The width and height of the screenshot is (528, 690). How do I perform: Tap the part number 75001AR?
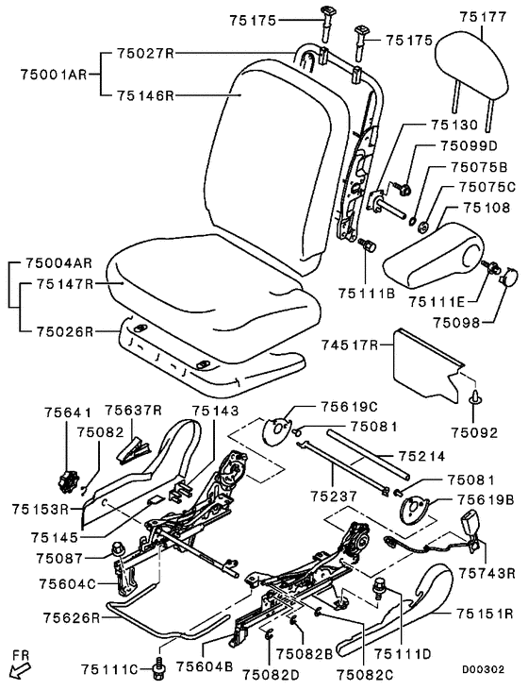(x=54, y=74)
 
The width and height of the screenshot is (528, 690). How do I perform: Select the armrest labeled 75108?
(x=433, y=256)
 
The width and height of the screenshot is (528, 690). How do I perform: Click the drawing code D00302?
(x=483, y=669)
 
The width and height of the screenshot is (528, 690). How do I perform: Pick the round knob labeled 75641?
(x=68, y=481)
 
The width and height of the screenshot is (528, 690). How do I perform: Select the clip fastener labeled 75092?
(x=475, y=398)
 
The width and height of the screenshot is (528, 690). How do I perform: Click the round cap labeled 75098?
(x=509, y=278)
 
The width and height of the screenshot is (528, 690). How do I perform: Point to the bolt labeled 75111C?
(x=159, y=665)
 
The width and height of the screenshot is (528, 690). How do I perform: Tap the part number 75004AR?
(x=58, y=263)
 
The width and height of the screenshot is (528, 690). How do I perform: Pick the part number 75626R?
(x=72, y=617)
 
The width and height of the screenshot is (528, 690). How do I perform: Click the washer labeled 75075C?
(x=423, y=227)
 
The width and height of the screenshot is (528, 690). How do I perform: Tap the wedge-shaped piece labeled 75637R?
(x=134, y=448)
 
